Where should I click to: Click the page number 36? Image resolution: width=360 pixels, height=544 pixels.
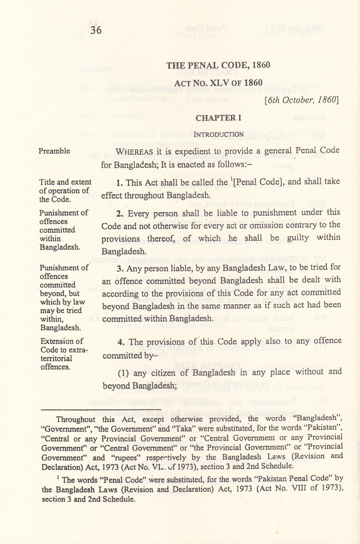pos(96,30)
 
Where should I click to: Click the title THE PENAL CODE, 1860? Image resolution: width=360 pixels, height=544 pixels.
pos(218,65)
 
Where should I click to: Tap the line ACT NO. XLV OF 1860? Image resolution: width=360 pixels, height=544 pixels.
pos(218,83)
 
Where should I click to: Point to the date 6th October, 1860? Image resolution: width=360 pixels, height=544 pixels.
pos(301,100)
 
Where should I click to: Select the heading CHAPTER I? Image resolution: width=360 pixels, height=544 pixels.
pos(218,118)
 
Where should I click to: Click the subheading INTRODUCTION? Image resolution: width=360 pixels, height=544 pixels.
pos(218,134)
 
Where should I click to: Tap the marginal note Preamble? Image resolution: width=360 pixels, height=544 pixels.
pos(54,151)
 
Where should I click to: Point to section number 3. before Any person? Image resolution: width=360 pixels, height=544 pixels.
pos(120,268)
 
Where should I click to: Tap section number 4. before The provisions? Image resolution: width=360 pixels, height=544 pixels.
pos(121,342)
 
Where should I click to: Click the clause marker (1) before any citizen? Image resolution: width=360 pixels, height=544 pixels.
pos(123,373)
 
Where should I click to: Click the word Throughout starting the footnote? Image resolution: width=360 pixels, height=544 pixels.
pos(76,420)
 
